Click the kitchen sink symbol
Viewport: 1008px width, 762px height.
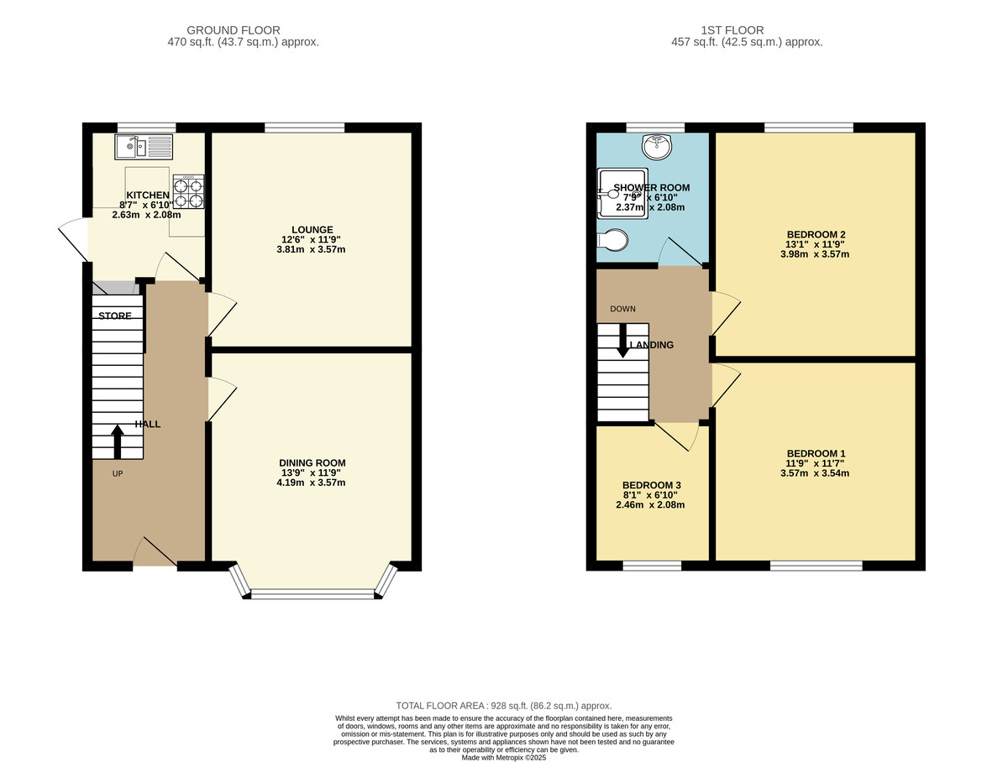[x=143, y=148]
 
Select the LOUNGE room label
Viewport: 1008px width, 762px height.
[x=312, y=229]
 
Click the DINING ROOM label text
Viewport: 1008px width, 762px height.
[x=312, y=462]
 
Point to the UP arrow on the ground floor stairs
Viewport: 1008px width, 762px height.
[x=117, y=441]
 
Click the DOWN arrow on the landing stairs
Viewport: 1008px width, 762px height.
[x=622, y=340]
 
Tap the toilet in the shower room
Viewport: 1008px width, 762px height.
[x=612, y=239]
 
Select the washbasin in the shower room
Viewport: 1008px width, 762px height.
[x=655, y=147]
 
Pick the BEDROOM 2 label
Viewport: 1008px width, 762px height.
[x=816, y=234]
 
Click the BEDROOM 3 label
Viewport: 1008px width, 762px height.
[x=651, y=485]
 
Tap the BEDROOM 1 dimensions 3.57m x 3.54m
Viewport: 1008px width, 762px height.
[x=814, y=472]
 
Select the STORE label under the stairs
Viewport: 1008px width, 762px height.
[x=115, y=316]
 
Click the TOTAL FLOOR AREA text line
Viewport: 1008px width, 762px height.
[x=504, y=706]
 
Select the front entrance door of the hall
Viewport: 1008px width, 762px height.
[x=154, y=554]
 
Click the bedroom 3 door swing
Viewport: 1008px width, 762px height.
[x=678, y=435]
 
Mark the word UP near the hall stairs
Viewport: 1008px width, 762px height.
[x=117, y=473]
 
